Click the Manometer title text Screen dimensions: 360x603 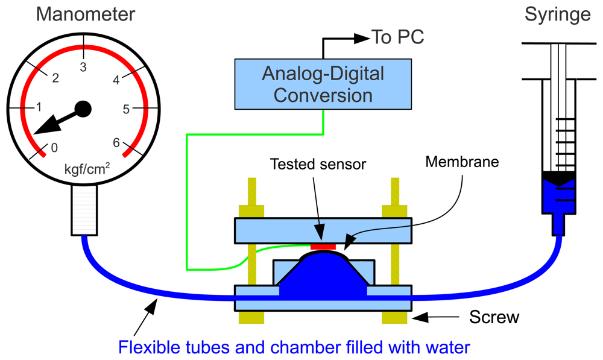click(84, 13)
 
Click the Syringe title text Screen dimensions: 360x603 click(557, 13)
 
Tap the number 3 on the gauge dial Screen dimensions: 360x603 click(84, 66)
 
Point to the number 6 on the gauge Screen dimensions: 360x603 click(117, 142)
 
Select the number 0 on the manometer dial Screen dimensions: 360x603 click(54, 148)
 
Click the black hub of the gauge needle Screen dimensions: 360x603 click(83, 109)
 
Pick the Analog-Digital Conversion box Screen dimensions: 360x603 click(323, 84)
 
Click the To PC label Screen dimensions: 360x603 click(397, 38)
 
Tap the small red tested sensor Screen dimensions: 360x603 click(323, 246)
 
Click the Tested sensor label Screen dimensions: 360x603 click(318, 164)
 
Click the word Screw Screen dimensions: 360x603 click(494, 317)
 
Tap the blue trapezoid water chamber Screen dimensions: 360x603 click(323, 277)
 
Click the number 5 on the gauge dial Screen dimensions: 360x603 click(126, 109)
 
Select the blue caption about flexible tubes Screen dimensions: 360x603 click(294, 347)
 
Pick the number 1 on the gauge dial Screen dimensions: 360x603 click(39, 108)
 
